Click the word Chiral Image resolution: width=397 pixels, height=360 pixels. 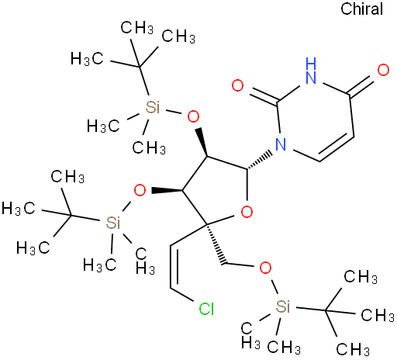click(361, 9)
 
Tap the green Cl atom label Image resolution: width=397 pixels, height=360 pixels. click(206, 308)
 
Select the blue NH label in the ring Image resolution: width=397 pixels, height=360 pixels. click(311, 71)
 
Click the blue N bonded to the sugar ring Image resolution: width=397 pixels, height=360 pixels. click(281, 144)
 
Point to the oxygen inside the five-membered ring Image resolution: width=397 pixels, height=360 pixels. click(247, 212)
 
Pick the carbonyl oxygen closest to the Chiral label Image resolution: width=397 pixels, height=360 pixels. click(383, 70)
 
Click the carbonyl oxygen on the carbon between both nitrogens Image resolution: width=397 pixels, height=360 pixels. click(237, 85)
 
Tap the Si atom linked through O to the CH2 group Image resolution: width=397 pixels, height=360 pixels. click(283, 306)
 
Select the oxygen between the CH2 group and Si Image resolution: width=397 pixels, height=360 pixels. click(265, 268)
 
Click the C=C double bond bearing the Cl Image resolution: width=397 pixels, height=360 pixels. click(174, 266)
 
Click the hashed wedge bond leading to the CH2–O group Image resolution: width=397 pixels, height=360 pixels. click(216, 244)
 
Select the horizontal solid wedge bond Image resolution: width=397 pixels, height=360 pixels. click(167, 191)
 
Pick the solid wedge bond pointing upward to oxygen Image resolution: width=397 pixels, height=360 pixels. click(202, 142)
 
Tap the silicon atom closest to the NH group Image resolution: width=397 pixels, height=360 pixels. click(153, 107)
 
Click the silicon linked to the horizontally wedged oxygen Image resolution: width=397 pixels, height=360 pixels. click(113, 222)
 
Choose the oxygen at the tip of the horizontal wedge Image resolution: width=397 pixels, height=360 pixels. click(140, 191)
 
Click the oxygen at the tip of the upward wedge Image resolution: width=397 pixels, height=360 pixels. click(193, 116)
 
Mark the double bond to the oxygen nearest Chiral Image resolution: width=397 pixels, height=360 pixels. click(361, 87)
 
